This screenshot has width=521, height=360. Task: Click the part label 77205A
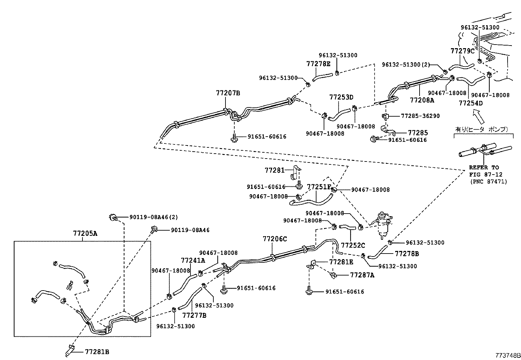coord(85,234)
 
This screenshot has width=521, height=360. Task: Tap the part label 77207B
coord(228,93)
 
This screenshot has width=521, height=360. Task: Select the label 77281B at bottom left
coord(97,352)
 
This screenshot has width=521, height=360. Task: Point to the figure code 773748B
coord(507,355)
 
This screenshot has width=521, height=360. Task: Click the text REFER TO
coord(484,167)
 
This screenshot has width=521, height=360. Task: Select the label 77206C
coord(275,239)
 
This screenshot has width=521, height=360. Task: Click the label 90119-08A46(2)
coord(153,217)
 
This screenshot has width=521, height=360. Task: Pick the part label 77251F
coord(319,187)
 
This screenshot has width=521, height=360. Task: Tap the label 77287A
coord(362,275)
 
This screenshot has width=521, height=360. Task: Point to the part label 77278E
coord(318,64)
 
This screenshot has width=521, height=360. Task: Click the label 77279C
coord(462,51)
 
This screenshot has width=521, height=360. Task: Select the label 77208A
coord(422,100)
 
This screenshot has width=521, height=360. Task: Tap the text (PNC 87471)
coord(488,181)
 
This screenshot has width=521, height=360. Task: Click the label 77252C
coord(353,245)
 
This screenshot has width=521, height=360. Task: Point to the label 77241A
coord(193,260)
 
